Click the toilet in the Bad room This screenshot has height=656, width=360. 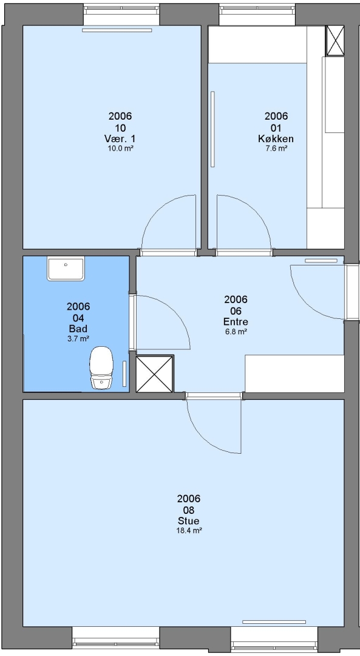pyautogui.click(x=101, y=367)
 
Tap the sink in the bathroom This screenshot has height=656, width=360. pyautogui.click(x=66, y=269)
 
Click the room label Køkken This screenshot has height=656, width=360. pyautogui.click(x=276, y=139)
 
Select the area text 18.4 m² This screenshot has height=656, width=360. pyautogui.click(x=189, y=531)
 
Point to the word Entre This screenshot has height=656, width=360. pyautogui.click(x=236, y=322)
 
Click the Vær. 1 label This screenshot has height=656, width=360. pyautogui.click(x=120, y=138)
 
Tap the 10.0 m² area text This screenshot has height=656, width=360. pyautogui.click(x=120, y=148)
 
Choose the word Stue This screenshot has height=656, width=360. pyautogui.click(x=189, y=521)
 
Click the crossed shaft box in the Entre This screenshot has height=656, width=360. pyautogui.click(x=155, y=374)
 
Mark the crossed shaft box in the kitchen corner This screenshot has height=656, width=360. pyautogui.click(x=335, y=41)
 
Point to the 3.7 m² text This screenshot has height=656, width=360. pyautogui.click(x=78, y=339)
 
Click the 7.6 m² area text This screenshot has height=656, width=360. pyautogui.click(x=276, y=148)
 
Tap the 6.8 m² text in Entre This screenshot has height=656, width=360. pyautogui.click(x=236, y=332)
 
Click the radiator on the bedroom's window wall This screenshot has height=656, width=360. pyautogui.click(x=117, y=30)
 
